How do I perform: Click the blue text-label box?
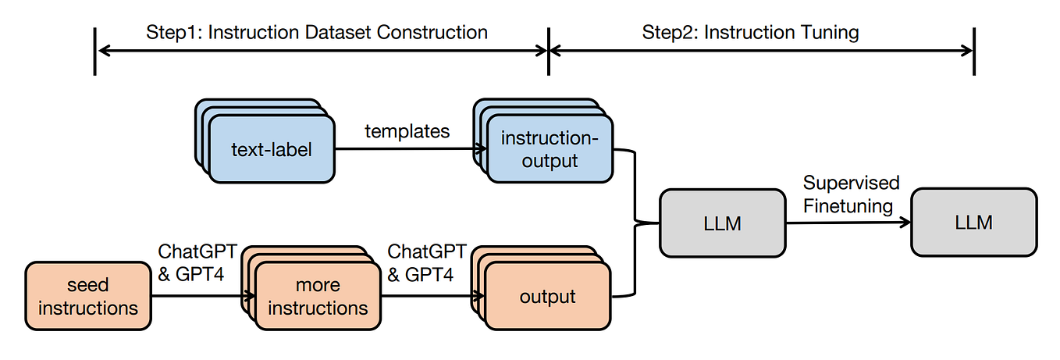click(271, 149)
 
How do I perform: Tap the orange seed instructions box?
click(88, 297)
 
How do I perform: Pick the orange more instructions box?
click(318, 297)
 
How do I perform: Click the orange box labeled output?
click(547, 297)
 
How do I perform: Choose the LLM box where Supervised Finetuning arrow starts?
click(722, 223)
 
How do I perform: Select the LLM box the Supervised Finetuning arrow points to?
click(973, 223)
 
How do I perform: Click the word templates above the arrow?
click(407, 131)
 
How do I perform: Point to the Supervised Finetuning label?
click(851, 194)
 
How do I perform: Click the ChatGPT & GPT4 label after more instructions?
click(426, 263)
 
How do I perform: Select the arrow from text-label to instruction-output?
click(406, 149)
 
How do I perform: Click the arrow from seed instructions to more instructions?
click(203, 297)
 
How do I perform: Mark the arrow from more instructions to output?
click(429, 297)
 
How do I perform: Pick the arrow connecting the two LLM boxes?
click(848, 223)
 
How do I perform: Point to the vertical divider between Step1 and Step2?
click(549, 51)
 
